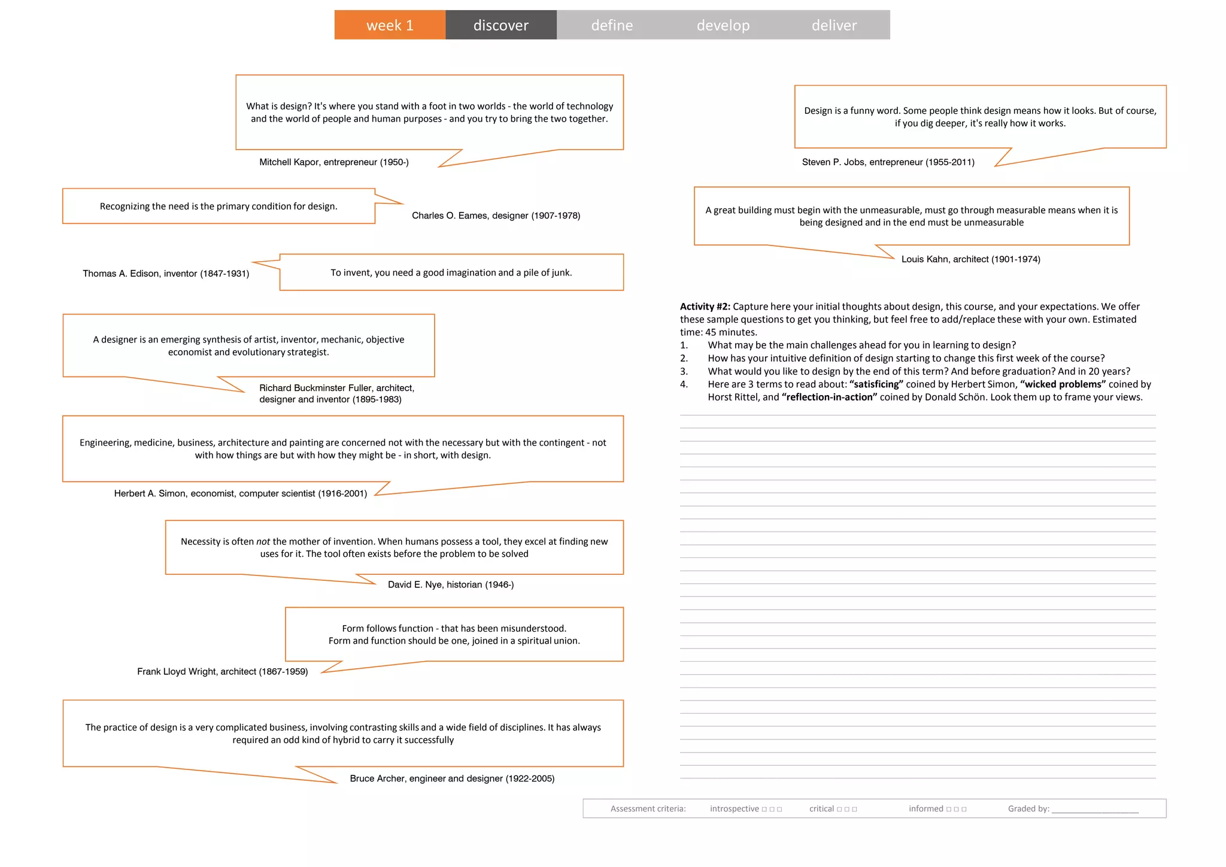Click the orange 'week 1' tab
[x=390, y=25]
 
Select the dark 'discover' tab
[x=500, y=25]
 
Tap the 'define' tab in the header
[x=612, y=25]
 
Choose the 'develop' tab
[x=723, y=25]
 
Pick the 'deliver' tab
[x=834, y=25]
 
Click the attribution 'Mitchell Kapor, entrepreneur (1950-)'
[x=333, y=162]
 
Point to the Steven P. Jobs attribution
[x=888, y=162]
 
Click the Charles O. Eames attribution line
[x=496, y=216]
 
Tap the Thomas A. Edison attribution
[x=166, y=274]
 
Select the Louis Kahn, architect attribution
[x=970, y=259]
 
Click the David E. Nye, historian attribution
[x=450, y=584]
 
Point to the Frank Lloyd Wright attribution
[x=222, y=672]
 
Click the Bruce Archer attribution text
[x=452, y=778]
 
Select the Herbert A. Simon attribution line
[x=240, y=493]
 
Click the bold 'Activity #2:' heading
[x=705, y=307]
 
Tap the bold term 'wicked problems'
[x=1063, y=384]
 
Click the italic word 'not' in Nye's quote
[x=263, y=542]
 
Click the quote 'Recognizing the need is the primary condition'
[x=219, y=207]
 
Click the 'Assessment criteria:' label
[x=648, y=809]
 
